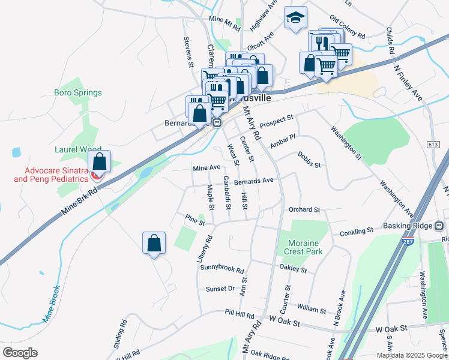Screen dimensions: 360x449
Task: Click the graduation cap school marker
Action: [295, 18]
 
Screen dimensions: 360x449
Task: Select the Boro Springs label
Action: [78, 93]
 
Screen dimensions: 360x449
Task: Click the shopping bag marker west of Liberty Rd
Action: [154, 244]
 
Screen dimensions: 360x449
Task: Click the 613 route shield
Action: [433, 145]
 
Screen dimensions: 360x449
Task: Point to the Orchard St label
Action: [304, 209]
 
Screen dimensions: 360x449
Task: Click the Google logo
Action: [20, 353]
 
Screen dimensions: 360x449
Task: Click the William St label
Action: [311, 309]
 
